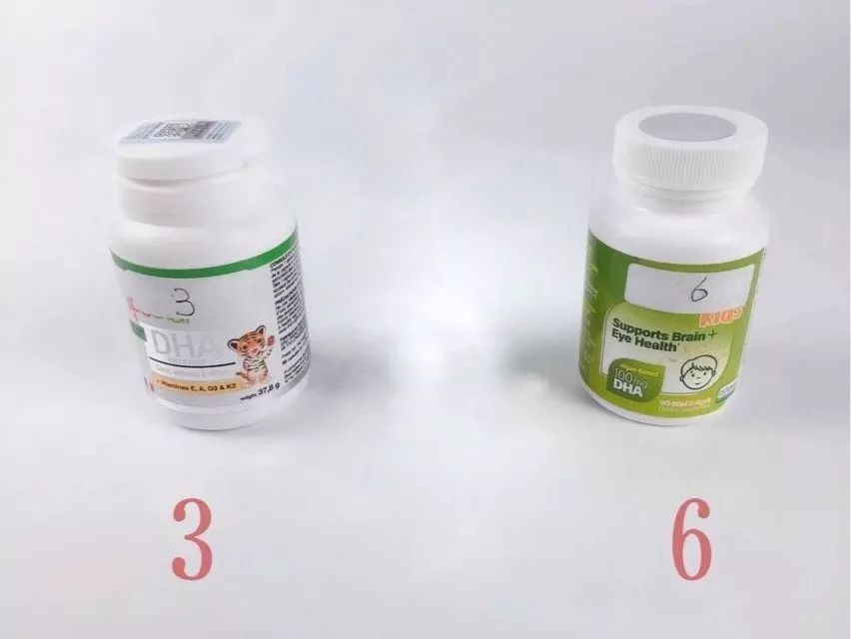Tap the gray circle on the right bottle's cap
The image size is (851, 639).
click(689, 127)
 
